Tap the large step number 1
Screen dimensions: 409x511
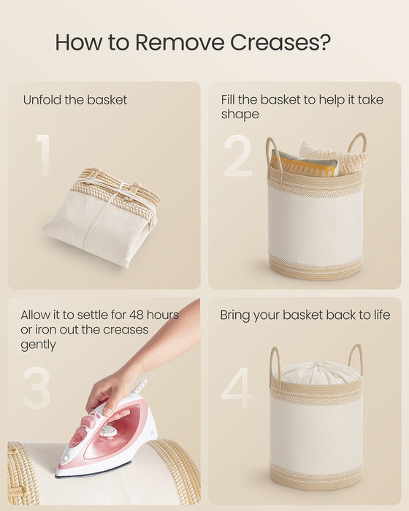tap(43, 155)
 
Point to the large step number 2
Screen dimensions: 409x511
tap(238, 155)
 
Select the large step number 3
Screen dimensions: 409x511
tap(37, 388)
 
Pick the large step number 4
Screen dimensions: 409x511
tap(237, 388)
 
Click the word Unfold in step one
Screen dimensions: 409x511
tap(42, 100)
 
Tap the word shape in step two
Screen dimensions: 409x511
tap(240, 115)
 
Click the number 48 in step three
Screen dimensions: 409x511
tap(137, 315)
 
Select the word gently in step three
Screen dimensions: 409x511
tap(38, 345)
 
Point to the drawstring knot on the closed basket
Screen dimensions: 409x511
tap(316, 365)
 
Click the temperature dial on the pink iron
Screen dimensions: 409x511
tap(108, 431)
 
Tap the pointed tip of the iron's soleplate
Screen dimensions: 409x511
tap(56, 476)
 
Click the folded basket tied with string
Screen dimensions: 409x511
tap(102, 217)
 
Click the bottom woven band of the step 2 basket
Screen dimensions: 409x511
tap(316, 268)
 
